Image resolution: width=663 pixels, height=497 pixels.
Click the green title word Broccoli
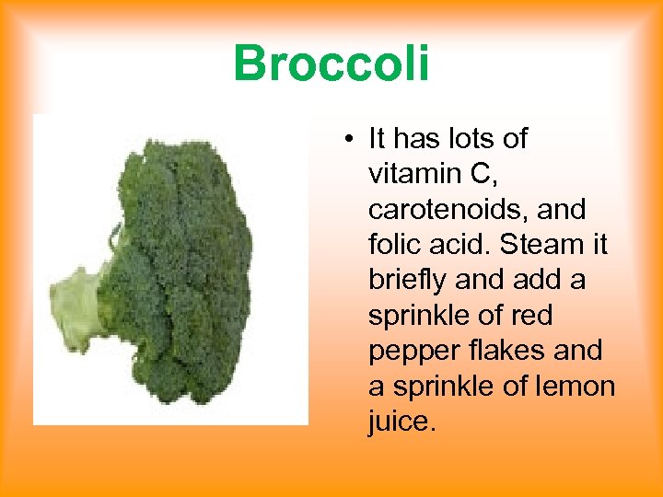click(x=331, y=64)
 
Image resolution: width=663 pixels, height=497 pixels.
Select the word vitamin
click(x=409, y=174)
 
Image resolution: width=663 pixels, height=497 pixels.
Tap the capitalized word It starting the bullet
click(x=377, y=139)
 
